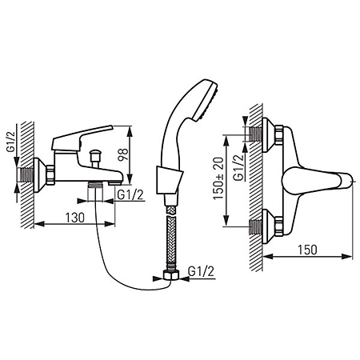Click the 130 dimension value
click(x=75, y=218)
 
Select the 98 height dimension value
click(x=123, y=154)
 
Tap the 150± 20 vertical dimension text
click(x=219, y=178)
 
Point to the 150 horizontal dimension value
click(x=307, y=250)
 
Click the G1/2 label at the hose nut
click(x=201, y=271)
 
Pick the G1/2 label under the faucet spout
click(x=130, y=195)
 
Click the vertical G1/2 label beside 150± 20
click(x=238, y=168)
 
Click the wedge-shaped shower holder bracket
click(x=170, y=180)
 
